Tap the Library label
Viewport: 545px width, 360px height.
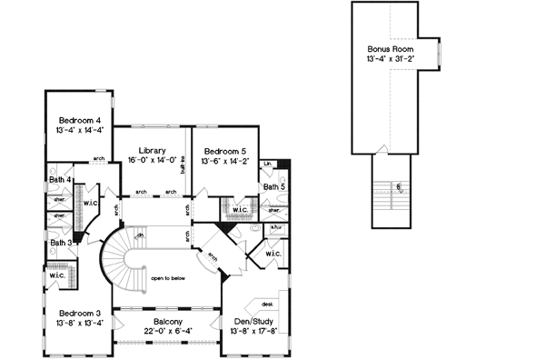click(x=153, y=150)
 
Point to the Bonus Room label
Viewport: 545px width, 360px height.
click(x=391, y=48)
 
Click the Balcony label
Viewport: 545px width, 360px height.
click(x=167, y=322)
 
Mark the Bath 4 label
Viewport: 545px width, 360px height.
click(x=61, y=180)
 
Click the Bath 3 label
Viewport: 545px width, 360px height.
click(x=61, y=243)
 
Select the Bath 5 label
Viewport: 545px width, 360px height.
click(x=274, y=186)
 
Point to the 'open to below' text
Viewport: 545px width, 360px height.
click(x=170, y=278)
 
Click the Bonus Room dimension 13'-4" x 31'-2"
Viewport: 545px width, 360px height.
click(x=391, y=59)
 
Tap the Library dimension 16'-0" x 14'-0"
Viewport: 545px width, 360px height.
click(x=153, y=161)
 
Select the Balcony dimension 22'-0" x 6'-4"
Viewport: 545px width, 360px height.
click(x=167, y=332)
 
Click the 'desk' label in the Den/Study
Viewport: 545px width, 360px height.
click(x=267, y=304)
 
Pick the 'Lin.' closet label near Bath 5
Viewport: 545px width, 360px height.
click(x=268, y=164)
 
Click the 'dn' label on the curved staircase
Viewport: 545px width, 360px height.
click(x=140, y=236)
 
